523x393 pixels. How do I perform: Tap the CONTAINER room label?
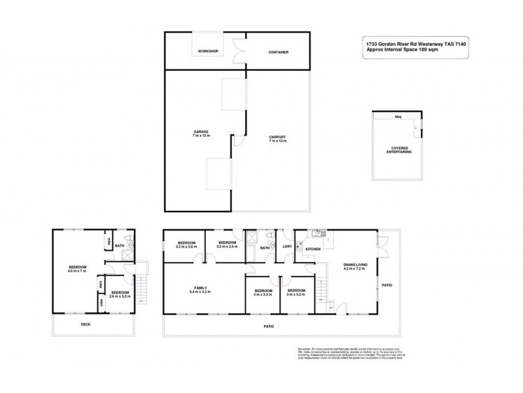(278, 52)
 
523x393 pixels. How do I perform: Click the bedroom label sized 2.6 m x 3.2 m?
(120, 295)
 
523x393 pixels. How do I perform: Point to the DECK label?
(86, 324)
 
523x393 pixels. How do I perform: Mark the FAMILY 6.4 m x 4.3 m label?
(200, 290)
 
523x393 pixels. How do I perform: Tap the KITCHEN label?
(313, 250)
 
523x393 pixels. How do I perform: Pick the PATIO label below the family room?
(269, 326)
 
